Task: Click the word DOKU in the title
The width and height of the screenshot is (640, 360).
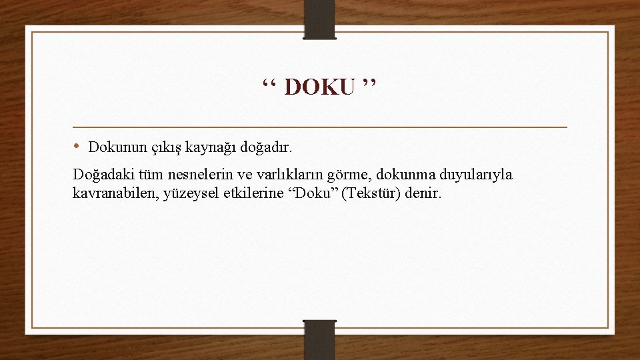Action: (x=319, y=87)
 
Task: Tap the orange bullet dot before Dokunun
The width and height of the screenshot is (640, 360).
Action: (x=77, y=145)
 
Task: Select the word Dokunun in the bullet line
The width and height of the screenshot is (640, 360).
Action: (x=115, y=146)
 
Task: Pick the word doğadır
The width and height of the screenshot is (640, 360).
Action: (x=269, y=146)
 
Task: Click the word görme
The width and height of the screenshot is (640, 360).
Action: (x=351, y=176)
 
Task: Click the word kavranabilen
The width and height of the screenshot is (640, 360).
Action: (x=111, y=194)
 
